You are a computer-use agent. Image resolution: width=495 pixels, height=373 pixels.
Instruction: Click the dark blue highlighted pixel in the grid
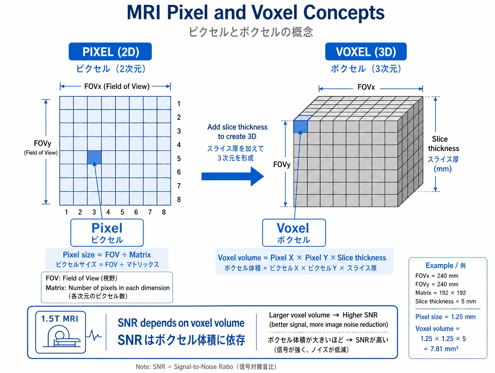[x=94, y=157]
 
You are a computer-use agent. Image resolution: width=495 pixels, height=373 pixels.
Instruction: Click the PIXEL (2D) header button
[x=110, y=52]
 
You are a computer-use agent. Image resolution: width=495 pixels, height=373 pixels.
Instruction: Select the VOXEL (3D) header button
[x=366, y=52]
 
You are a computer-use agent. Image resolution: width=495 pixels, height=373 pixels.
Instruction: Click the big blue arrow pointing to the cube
[x=233, y=176]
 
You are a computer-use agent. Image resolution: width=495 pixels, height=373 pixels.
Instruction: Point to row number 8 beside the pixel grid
[x=179, y=200]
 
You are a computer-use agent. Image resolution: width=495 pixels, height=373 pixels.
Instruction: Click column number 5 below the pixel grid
[x=122, y=212]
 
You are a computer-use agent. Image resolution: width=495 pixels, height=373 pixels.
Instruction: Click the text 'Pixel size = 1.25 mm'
[x=445, y=317]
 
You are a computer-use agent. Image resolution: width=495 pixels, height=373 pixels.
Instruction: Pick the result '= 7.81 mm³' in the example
[x=441, y=349]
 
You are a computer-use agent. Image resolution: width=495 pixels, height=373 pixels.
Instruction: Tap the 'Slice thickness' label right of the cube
[x=444, y=144]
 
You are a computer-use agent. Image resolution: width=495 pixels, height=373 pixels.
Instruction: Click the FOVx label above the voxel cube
[x=366, y=87]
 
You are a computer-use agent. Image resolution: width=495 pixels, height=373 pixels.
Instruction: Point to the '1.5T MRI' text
[x=60, y=319]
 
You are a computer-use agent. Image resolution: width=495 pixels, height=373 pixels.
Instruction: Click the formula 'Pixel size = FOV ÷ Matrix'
[x=107, y=255]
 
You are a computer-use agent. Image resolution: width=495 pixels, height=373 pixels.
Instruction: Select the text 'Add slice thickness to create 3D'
[x=237, y=132]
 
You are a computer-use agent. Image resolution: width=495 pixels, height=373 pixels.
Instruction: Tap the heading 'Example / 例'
[x=446, y=265]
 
